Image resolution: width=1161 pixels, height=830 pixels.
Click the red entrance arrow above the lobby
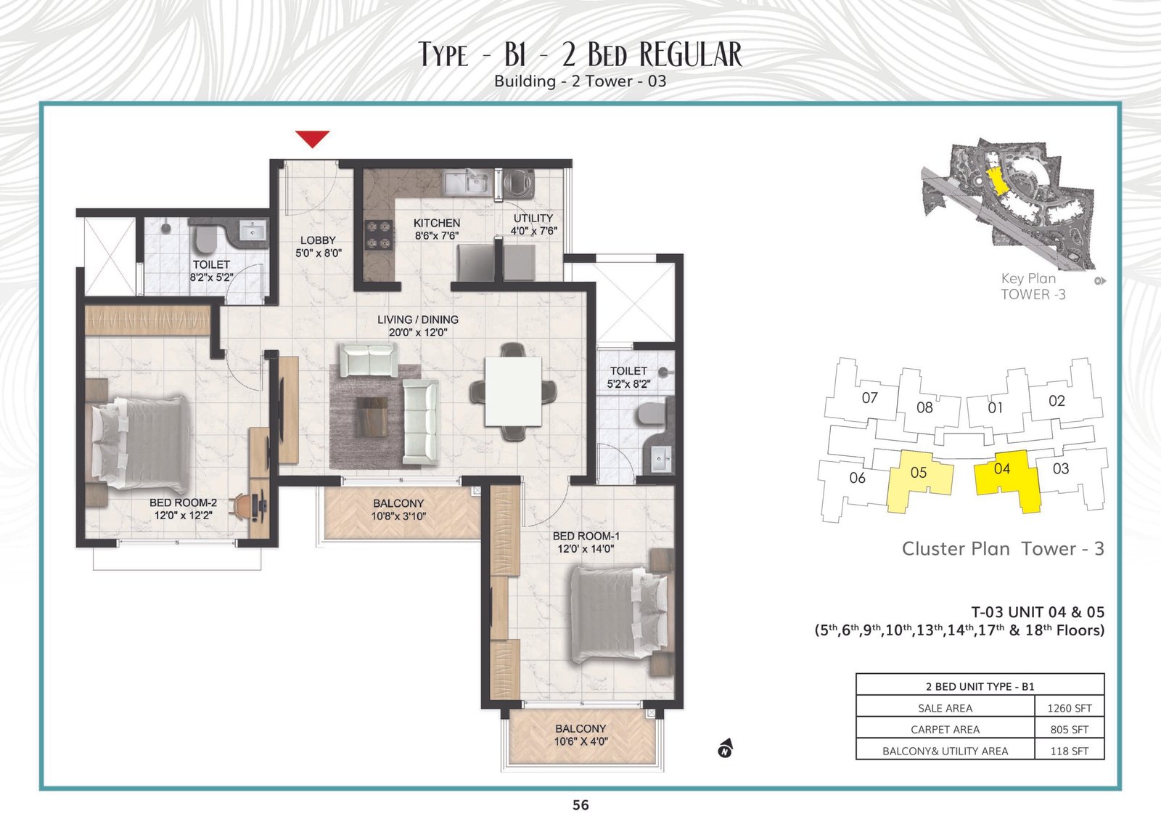click(x=313, y=139)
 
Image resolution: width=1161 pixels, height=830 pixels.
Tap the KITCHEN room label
click(x=436, y=223)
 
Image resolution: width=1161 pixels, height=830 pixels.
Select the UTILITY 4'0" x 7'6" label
click(x=533, y=224)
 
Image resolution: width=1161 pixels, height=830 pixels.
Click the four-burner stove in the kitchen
click(x=378, y=235)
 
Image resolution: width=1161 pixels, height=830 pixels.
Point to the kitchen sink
click(x=466, y=182)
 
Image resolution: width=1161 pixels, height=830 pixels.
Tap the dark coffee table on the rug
click(x=372, y=417)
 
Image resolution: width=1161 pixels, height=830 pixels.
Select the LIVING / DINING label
click(x=418, y=320)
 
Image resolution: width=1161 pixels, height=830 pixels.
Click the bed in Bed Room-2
click(x=140, y=444)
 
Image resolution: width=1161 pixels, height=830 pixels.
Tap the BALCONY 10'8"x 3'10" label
click(x=398, y=510)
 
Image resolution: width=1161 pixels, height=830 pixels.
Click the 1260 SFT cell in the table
click(x=1070, y=708)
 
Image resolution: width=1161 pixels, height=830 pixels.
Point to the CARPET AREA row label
click(x=945, y=729)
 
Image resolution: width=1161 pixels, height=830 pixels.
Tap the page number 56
click(x=580, y=805)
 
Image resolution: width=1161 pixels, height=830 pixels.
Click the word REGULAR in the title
click(x=691, y=54)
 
